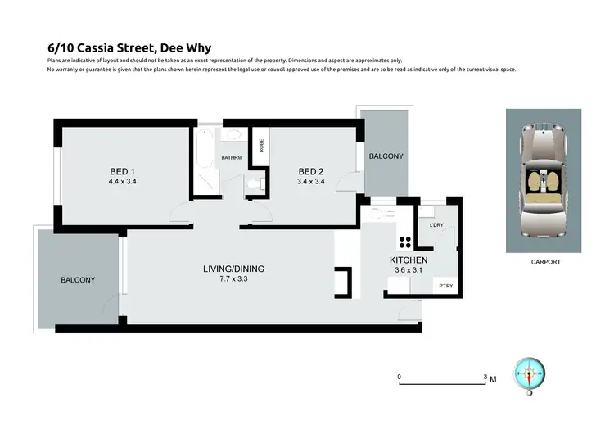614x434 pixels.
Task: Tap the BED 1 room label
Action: pos(123,171)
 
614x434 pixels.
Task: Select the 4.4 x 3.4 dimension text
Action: pos(123,181)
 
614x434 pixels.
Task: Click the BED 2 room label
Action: pos(311,171)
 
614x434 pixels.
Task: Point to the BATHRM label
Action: pos(230,157)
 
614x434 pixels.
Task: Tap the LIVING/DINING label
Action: pos(234,269)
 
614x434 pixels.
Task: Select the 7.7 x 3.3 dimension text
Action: pos(234,279)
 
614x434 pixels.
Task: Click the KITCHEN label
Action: pos(409,260)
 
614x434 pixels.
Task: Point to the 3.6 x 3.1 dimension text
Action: pos(408,270)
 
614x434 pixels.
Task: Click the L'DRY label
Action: pos(436,224)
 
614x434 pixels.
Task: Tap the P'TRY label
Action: pos(446,286)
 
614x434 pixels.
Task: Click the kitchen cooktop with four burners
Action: pos(404,242)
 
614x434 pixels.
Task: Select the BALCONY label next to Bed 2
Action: pos(386,156)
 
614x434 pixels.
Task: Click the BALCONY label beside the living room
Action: pos(78,280)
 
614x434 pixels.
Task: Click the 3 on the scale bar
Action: pos(485,377)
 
